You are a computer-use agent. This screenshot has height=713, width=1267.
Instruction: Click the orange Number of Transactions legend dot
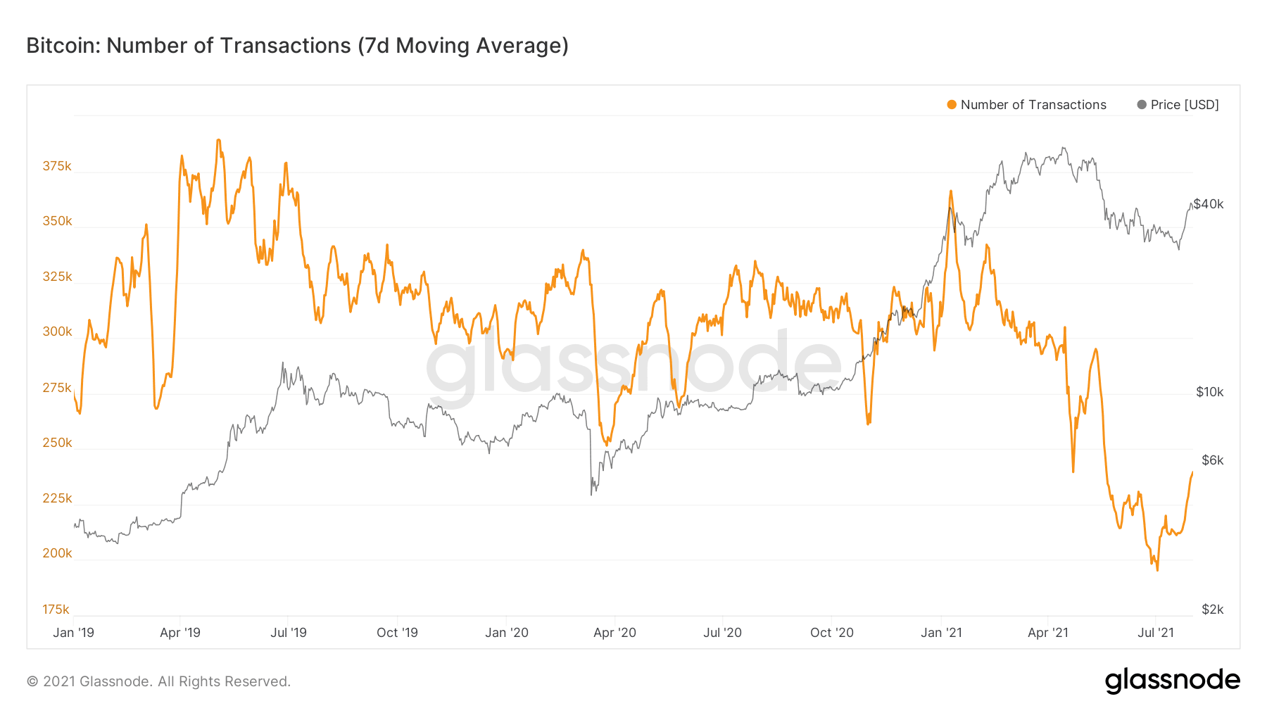(x=952, y=105)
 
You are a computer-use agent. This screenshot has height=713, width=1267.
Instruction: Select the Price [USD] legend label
(x=1184, y=105)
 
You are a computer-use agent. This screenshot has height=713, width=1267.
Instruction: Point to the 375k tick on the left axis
(x=57, y=166)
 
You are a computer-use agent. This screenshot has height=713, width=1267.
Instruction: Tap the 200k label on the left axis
(x=57, y=553)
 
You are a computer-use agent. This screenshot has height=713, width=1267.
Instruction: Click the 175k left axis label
(x=56, y=610)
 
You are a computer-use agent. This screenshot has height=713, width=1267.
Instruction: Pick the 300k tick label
(x=57, y=332)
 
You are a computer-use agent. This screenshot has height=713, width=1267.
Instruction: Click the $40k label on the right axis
(x=1209, y=204)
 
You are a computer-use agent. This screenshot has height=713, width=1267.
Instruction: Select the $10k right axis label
(x=1209, y=392)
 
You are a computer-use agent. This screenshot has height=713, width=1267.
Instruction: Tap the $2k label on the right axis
(x=1212, y=610)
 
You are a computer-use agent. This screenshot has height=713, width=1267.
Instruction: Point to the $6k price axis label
(x=1212, y=460)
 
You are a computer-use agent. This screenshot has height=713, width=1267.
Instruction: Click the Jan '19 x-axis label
(x=73, y=633)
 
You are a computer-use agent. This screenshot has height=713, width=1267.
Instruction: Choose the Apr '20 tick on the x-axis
(x=614, y=633)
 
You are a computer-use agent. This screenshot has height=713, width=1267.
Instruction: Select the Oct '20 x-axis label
(x=831, y=633)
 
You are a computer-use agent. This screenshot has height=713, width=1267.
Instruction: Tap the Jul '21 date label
(x=1156, y=633)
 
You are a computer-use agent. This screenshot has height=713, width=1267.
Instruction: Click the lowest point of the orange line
(x=1157, y=569)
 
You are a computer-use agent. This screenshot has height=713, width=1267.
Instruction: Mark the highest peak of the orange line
(x=219, y=140)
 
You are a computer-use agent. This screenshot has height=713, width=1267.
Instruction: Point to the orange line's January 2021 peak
(x=950, y=191)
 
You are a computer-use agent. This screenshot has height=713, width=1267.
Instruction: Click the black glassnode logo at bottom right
(x=1172, y=681)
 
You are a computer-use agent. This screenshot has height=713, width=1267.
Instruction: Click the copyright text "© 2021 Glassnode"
(x=89, y=681)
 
